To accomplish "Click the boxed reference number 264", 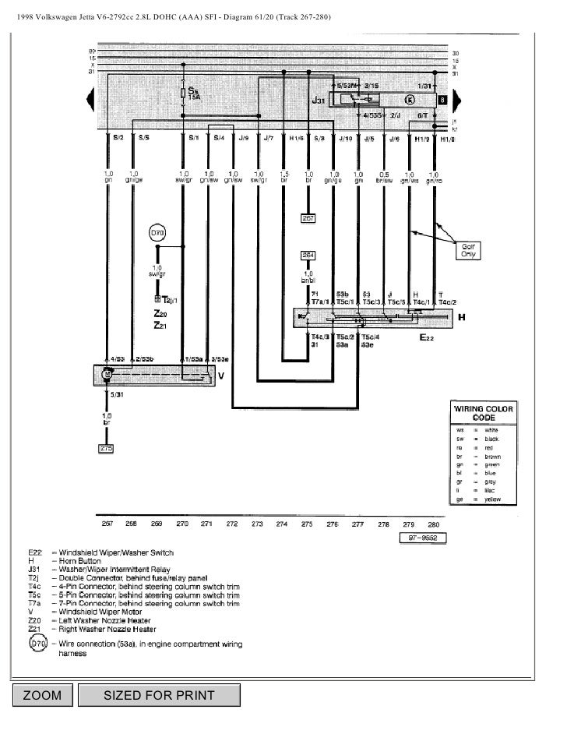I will point(309,255).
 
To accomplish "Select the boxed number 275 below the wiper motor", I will point(107,449).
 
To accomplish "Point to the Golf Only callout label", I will point(470,249).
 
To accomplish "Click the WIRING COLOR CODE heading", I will point(481,413).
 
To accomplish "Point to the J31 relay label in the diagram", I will point(319,100).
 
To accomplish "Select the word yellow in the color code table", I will point(492,498).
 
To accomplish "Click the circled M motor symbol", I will point(107,376).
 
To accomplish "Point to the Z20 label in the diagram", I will point(159,314).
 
